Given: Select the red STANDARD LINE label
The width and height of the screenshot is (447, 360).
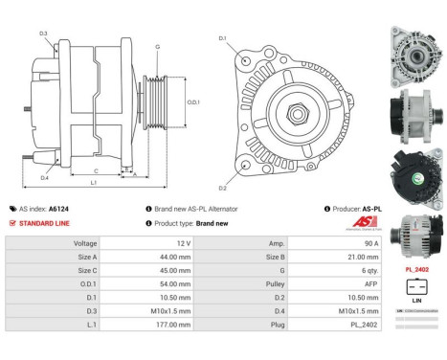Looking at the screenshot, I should (x=45, y=223).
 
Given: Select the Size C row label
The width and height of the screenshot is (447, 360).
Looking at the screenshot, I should (x=86, y=271).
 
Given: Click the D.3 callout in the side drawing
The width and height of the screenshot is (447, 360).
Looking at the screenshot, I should (x=44, y=34).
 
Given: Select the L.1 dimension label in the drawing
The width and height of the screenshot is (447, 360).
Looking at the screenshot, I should (x=93, y=182).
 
